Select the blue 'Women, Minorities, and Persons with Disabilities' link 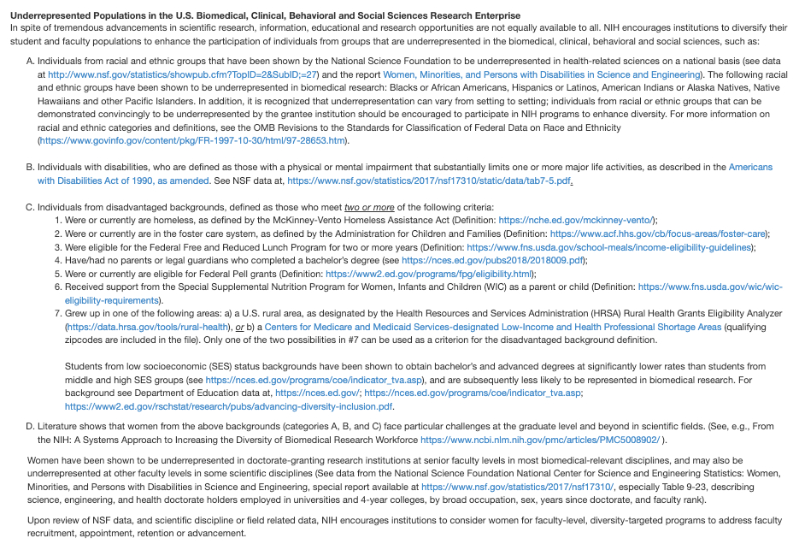(541, 74)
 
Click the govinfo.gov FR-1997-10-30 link (194, 140)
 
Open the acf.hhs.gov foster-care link (658, 234)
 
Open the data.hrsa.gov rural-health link (148, 327)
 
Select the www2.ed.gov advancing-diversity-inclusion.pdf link (228, 406)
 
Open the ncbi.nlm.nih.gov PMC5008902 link (540, 440)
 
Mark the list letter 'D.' (31, 426)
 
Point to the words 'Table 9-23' (657, 486)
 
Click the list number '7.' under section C (58, 314)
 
